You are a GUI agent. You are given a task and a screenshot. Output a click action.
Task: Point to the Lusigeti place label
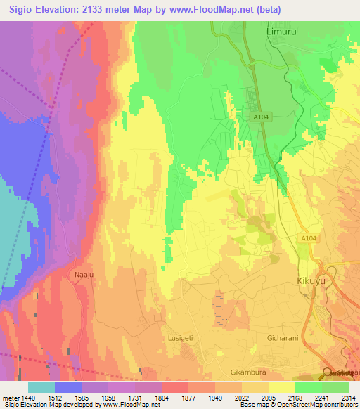pos(182,338)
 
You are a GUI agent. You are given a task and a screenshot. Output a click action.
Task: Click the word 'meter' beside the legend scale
pos(10,398)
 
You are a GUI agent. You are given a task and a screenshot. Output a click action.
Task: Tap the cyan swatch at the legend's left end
pos(41,387)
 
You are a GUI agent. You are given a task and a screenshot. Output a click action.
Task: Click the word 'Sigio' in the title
pos(19,10)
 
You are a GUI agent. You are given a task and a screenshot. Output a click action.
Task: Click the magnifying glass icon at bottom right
pos(328,374)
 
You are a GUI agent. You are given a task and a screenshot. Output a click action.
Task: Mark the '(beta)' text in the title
pos(296,10)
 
